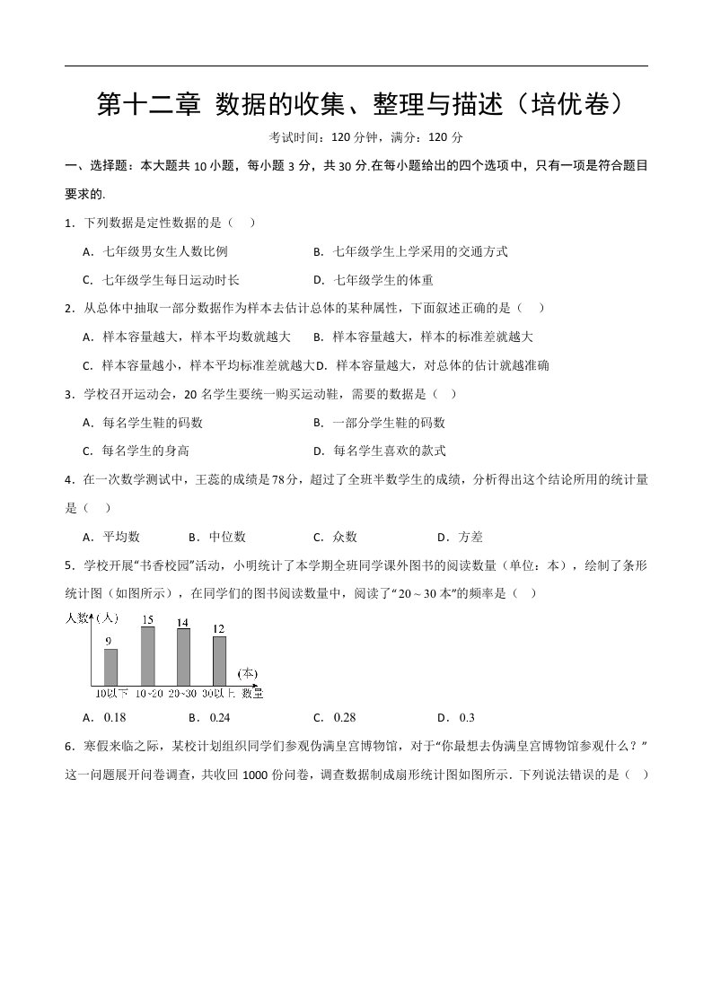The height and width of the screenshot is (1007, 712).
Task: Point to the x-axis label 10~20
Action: tap(148, 693)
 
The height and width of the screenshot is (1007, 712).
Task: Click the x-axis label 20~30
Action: tap(183, 693)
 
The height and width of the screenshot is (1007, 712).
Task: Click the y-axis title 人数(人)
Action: tap(92, 617)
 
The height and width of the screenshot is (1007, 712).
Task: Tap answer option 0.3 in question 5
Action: tap(466, 717)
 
